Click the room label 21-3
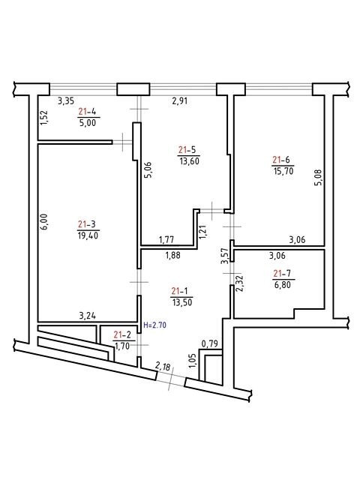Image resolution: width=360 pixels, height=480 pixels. (87, 224)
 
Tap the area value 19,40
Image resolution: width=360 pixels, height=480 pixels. (88, 235)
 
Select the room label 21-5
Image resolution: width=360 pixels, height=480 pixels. (187, 150)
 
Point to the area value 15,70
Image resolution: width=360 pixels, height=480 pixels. (283, 171)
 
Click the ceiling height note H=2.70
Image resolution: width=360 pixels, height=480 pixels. (155, 325)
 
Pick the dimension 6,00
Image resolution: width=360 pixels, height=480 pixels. (45, 222)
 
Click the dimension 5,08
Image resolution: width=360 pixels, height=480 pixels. (319, 178)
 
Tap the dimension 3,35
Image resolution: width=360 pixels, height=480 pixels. (66, 100)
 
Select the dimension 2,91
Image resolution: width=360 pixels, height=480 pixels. (180, 100)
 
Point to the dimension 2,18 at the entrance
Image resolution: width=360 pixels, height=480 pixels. (163, 366)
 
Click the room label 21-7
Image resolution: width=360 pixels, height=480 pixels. (282, 273)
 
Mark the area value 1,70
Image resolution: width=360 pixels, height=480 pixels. (122, 346)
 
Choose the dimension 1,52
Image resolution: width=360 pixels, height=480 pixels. (44, 118)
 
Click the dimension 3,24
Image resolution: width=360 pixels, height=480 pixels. (88, 316)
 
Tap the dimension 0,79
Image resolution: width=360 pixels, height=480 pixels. (210, 343)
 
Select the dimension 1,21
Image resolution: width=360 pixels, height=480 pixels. (202, 232)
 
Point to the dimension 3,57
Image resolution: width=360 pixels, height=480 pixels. (225, 256)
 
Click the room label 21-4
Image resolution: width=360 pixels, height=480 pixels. (87, 112)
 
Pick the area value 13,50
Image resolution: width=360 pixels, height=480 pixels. (181, 302)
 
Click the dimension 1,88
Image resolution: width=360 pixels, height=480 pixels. (173, 255)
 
